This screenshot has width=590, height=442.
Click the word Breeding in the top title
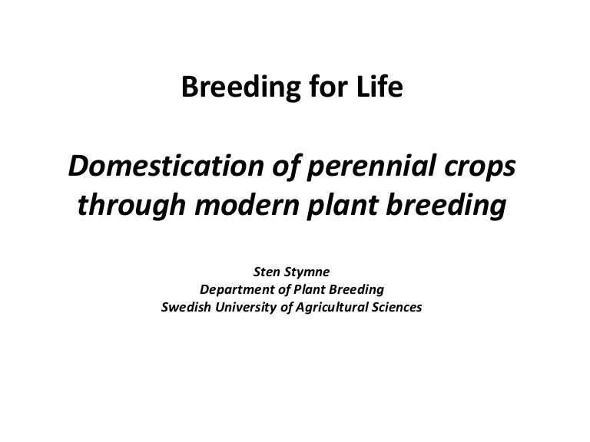[x=241, y=87]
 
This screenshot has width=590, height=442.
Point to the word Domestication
[x=166, y=166]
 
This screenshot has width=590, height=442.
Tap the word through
[x=131, y=206]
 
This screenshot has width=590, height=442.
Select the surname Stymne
[x=307, y=272]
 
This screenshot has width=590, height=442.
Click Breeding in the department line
[x=356, y=290]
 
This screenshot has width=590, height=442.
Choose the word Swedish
[x=186, y=307]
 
